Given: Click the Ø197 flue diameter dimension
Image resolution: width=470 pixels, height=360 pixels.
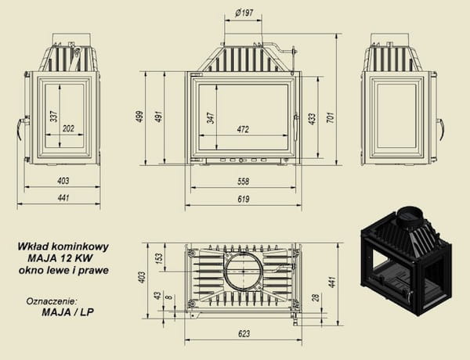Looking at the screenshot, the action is click(244, 13).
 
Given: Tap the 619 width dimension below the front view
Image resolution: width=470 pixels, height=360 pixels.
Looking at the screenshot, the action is click(244, 199).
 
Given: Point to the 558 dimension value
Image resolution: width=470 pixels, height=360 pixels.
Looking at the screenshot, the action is click(243, 182).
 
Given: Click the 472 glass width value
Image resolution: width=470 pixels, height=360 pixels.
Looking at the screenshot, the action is click(243, 129).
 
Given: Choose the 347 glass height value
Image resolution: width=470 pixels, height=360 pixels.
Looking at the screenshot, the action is click(211, 118).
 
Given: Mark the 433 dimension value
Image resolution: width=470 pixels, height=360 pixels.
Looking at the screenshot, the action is click(312, 119).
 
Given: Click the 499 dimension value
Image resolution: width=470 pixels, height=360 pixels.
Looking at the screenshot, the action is click(139, 117).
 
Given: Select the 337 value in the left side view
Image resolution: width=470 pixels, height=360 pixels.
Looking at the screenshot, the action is click(54, 116).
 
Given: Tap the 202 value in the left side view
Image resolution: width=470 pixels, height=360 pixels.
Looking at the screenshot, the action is click(68, 128).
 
